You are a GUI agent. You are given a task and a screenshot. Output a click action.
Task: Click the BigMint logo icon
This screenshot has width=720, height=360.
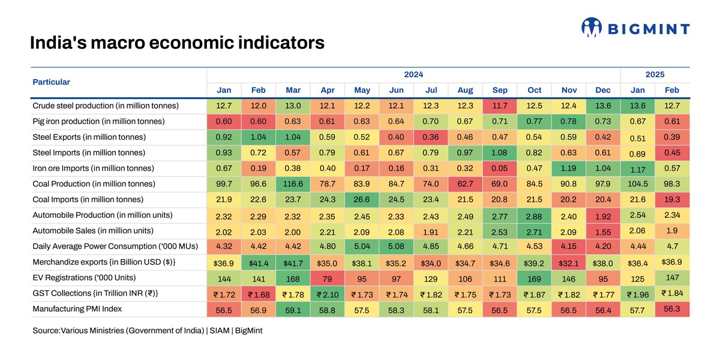[x=592, y=28]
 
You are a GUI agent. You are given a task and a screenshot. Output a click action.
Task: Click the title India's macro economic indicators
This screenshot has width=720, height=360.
[x=177, y=43]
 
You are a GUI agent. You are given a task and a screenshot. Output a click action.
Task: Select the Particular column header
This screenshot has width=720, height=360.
[x=51, y=82]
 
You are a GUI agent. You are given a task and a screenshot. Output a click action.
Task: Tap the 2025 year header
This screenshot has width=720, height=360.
[x=655, y=74]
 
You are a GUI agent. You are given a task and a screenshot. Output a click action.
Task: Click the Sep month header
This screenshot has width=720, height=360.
[x=500, y=90]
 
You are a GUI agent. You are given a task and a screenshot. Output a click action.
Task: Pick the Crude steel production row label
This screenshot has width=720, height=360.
[x=106, y=106]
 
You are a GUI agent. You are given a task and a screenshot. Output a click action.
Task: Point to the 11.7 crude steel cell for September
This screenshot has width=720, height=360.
[x=500, y=106]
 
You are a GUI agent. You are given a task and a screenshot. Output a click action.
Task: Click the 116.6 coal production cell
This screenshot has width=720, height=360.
[x=293, y=184]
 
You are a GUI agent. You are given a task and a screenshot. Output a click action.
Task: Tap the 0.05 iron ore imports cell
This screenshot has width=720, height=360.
[x=500, y=169]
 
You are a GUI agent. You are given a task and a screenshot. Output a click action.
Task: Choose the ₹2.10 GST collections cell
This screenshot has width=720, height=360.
[x=327, y=295]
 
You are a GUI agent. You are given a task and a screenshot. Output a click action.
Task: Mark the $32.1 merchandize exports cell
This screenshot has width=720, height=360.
[x=568, y=263]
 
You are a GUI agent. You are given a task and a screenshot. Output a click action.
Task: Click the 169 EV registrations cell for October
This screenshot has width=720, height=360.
[x=534, y=278]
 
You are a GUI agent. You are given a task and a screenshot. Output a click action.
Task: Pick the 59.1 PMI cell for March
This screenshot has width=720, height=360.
[x=293, y=310]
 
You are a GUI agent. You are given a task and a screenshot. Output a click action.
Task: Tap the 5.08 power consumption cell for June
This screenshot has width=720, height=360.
[x=396, y=247]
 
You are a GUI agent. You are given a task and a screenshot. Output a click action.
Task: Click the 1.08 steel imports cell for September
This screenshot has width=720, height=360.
[x=500, y=153]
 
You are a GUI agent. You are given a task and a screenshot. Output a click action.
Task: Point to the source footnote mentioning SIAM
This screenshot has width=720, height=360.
[x=147, y=331]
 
